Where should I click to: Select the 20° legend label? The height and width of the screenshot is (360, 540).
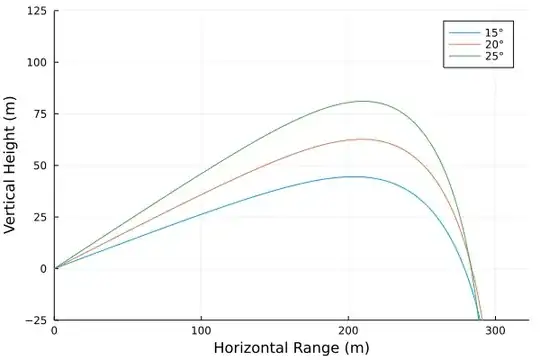tap(494, 44)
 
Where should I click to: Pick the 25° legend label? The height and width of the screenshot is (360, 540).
tap(494, 56)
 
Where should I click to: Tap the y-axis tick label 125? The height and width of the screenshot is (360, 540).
tap(36, 11)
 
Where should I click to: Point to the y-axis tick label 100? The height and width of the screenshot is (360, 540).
tap(36, 62)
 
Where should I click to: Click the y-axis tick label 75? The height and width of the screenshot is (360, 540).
tap(39, 114)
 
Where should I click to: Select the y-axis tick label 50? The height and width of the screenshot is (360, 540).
tap(39, 165)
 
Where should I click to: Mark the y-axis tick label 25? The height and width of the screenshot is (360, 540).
tap(39, 217)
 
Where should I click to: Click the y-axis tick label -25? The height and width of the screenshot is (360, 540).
tap(37, 320)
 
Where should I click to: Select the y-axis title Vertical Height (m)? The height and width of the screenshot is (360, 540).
tap(11, 165)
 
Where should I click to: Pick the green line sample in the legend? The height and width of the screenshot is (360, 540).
tap(463, 56)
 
